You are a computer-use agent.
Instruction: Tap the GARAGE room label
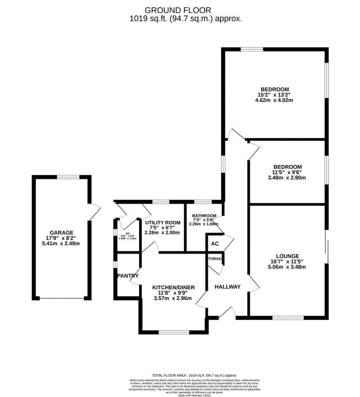tap(61, 233)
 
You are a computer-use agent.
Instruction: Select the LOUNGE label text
tap(287, 256)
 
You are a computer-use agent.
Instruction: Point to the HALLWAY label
tap(227, 287)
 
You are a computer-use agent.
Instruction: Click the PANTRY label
tap(128, 276)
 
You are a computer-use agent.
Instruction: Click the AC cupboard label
tap(214, 244)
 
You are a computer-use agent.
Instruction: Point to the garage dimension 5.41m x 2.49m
tap(61, 243)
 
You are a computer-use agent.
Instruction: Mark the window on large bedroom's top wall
tap(251, 49)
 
